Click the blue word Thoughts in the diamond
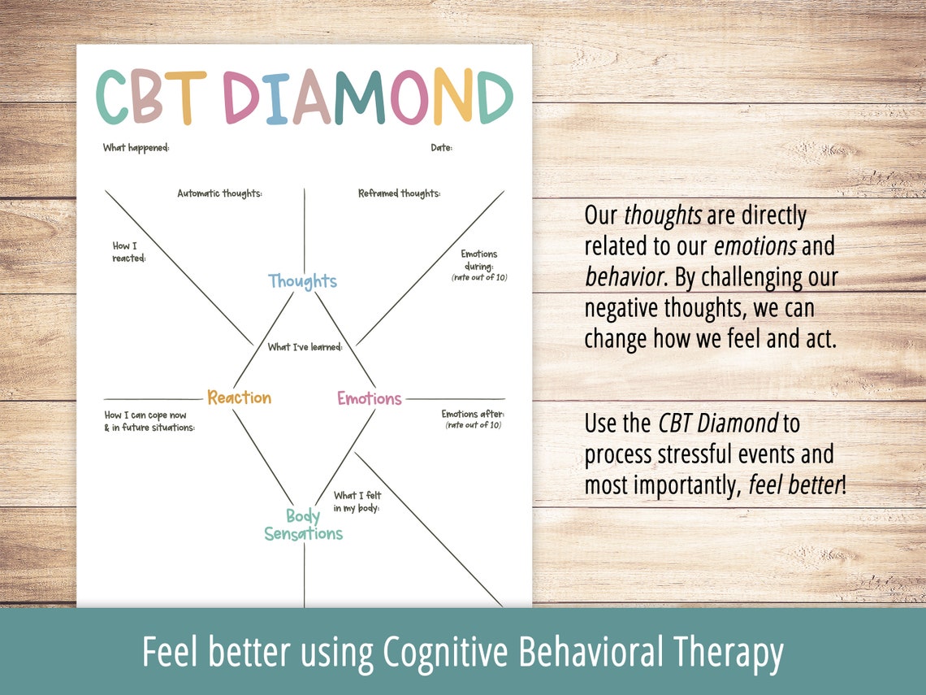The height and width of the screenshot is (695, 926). coord(302,281)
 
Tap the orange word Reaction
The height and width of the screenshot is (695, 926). coord(239,397)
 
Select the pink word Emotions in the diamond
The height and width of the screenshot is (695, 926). coord(370,398)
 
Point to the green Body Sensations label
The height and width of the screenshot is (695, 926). coord(303,525)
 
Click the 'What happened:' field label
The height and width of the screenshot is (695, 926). coord(136,147)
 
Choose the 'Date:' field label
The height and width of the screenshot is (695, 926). coord(441,147)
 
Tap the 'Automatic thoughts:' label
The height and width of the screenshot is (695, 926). coord(219,193)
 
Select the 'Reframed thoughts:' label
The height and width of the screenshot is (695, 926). coord(399,193)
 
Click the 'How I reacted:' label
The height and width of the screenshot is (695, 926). coord(128,252)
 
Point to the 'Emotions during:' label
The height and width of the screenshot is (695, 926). coord(478,260)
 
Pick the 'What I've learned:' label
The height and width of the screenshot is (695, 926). coord(305,347)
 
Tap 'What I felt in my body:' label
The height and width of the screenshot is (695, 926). coord(357,502)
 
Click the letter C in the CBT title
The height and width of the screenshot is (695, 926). coord(113,98)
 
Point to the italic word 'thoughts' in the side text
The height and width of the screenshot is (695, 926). coord(662,216)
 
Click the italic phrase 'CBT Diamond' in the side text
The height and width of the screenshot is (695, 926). coord(717,424)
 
